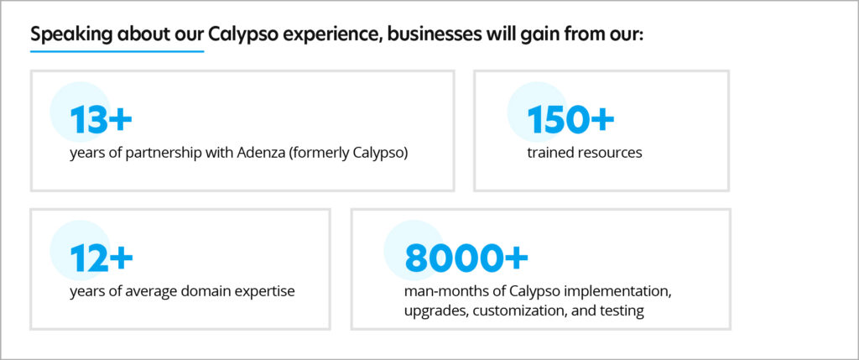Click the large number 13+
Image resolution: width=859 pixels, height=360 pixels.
pos(101,120)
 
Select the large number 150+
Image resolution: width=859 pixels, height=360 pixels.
pos(570,120)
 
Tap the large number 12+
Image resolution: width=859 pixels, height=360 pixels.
pos(102,258)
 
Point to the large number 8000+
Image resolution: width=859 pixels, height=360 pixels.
pos(466,258)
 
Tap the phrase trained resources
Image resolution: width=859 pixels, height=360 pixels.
pos(585,153)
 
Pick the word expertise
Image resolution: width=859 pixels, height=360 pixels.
pos(267,291)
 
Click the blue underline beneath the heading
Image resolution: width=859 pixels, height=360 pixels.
pos(117,51)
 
